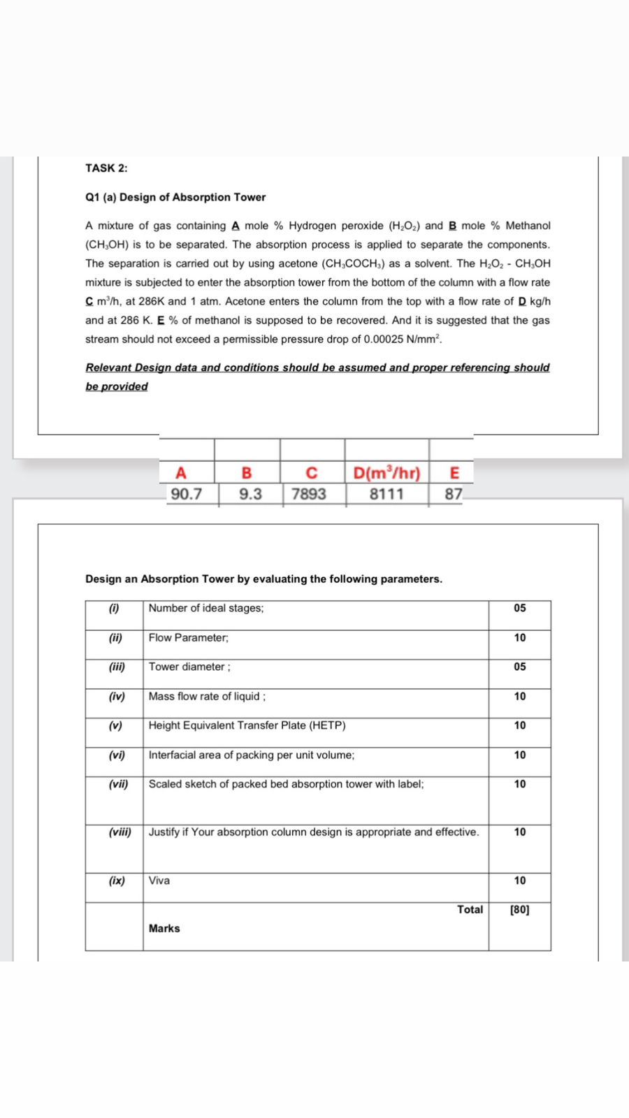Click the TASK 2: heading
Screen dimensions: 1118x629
(106, 168)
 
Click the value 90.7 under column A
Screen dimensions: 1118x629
(187, 494)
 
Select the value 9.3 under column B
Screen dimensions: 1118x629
(250, 494)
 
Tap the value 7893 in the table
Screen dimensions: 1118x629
(309, 494)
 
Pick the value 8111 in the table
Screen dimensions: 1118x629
(386, 494)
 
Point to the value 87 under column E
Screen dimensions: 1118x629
(454, 494)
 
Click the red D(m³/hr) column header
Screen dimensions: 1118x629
(386, 473)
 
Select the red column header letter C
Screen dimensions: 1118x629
(312, 473)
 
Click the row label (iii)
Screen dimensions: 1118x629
(117, 667)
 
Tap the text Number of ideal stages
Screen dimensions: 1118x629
(206, 608)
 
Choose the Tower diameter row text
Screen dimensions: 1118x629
(189, 667)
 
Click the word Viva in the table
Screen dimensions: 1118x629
(159, 880)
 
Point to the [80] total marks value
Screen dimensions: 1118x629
(519, 910)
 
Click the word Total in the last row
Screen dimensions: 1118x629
(470, 910)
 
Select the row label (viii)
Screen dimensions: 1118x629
(120, 832)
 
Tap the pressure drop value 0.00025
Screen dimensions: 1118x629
(383, 340)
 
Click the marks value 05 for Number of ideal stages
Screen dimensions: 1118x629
(519, 608)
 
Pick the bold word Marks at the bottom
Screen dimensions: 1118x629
(164, 929)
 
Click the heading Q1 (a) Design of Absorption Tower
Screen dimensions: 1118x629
(175, 197)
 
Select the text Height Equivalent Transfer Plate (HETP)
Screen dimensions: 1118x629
(247, 725)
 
